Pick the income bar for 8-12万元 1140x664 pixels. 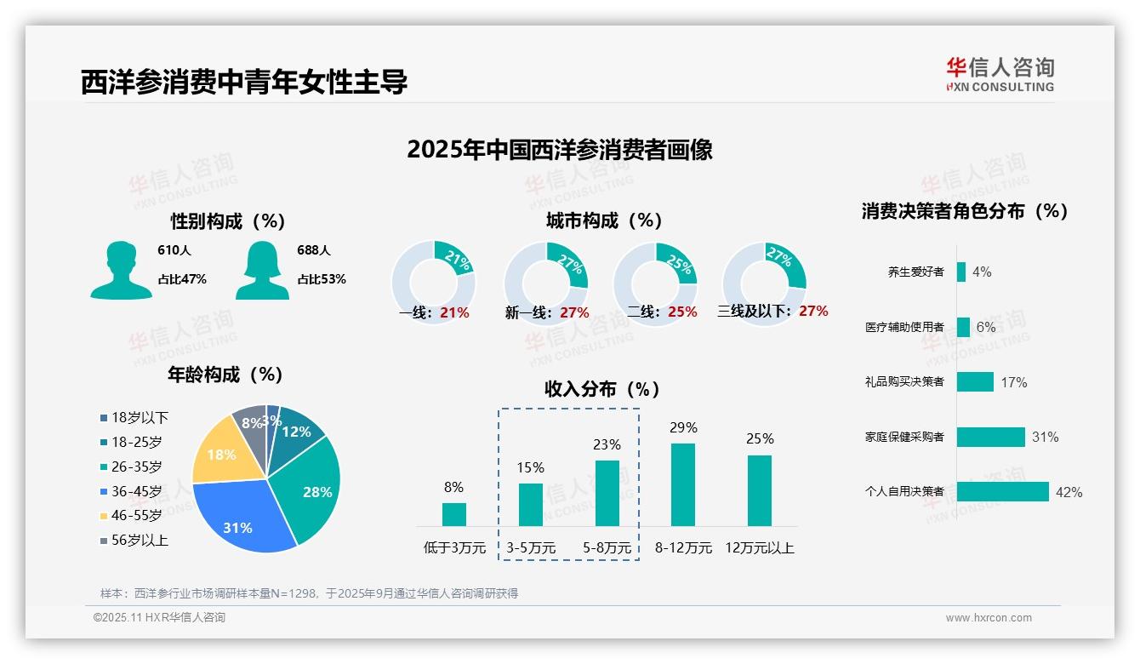683,485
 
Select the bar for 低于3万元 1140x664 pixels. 454,514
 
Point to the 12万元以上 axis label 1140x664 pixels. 760,547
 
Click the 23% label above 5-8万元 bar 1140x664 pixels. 607,444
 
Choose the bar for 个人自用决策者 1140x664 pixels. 1002,491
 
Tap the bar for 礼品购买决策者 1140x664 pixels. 975,381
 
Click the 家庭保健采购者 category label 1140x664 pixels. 903,437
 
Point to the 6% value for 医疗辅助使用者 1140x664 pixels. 985,327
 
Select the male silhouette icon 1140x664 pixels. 121,270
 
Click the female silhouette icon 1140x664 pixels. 262,270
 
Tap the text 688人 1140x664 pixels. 314,250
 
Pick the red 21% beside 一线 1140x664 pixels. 454,312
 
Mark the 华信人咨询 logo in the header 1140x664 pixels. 1000,74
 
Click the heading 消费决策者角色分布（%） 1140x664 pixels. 964,211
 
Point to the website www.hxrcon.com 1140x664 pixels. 989,618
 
